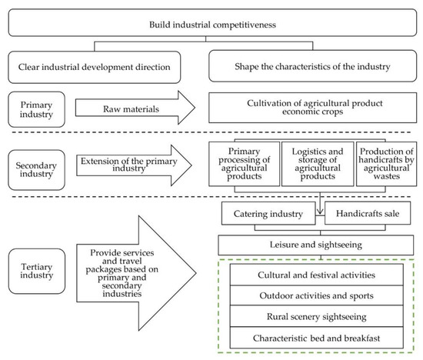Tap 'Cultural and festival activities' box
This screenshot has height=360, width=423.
315,275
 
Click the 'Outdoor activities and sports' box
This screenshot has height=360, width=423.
315,296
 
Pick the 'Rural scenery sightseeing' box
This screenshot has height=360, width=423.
315,317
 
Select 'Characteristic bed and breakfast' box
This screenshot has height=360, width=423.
315,338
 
